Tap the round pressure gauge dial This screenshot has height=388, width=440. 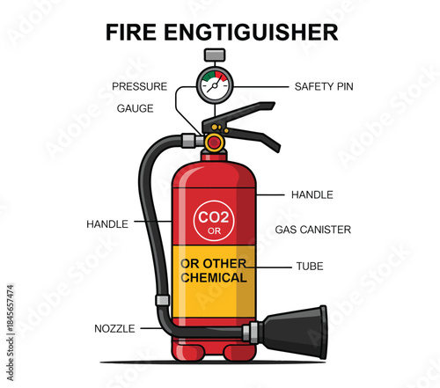pyautogui.click(x=214, y=85)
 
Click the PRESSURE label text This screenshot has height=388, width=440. pyautogui.click(x=140, y=86)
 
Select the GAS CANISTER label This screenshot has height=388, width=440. pyautogui.click(x=312, y=230)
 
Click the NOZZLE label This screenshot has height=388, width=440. pyautogui.click(x=114, y=328)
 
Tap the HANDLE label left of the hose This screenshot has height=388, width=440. pyautogui.click(x=107, y=224)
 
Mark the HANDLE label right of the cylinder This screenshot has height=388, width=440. pyautogui.click(x=312, y=194)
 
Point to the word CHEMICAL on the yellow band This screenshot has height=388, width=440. pyautogui.click(x=214, y=278)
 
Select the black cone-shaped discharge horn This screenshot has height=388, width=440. pyautogui.click(x=297, y=332)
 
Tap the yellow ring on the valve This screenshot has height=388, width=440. pyautogui.click(x=214, y=142)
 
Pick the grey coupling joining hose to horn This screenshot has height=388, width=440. pyautogui.click(x=252, y=333)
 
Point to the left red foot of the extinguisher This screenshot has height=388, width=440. pyautogui.click(x=194, y=352)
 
